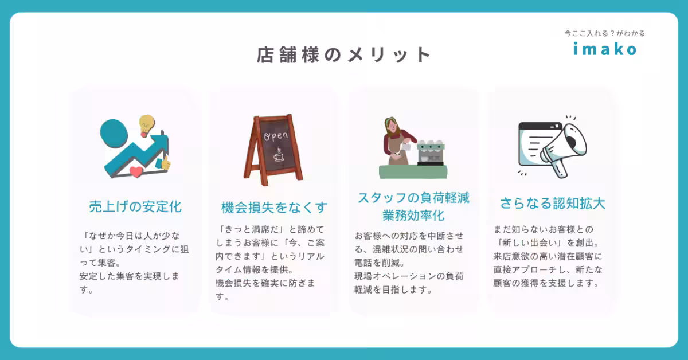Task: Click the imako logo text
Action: click(x=605, y=49)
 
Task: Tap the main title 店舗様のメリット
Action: click(x=343, y=54)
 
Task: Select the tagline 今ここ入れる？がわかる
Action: click(x=605, y=33)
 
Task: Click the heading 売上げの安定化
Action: click(x=135, y=206)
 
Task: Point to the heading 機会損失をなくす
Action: click(x=275, y=207)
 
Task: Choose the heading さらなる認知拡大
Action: click(x=553, y=204)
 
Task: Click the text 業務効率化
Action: click(x=414, y=216)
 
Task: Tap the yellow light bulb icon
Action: click(x=147, y=123)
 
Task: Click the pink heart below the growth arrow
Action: click(x=136, y=171)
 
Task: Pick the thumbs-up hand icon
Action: click(x=166, y=163)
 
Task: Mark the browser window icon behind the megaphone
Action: click(x=536, y=143)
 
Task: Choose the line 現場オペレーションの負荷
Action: click(x=409, y=276)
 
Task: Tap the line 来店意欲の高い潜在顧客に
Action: click(x=548, y=256)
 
